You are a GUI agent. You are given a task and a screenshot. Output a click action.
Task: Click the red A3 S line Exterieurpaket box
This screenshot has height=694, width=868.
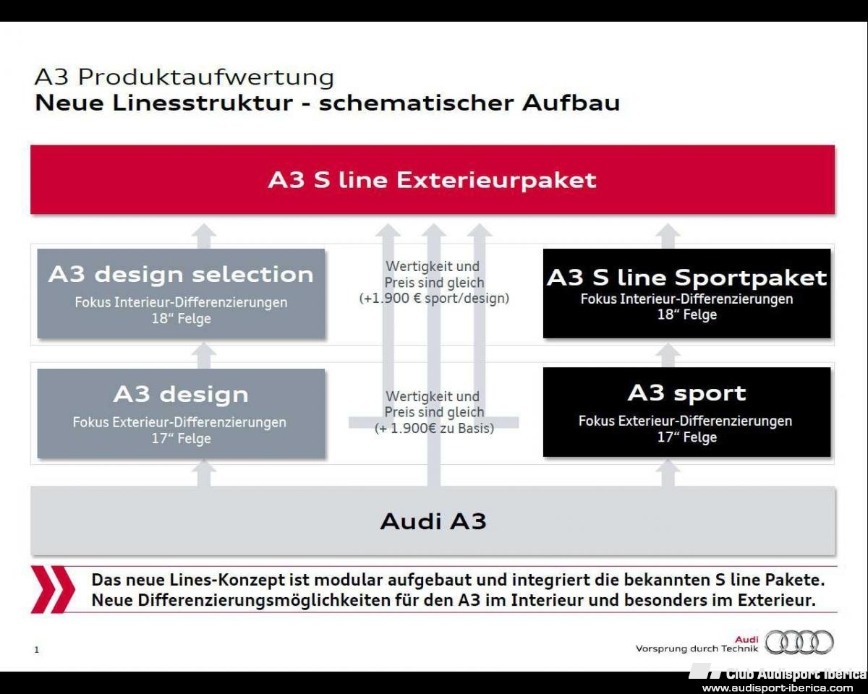pos(433,179)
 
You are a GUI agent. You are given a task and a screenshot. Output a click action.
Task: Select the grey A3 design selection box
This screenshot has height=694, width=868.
pos(181,294)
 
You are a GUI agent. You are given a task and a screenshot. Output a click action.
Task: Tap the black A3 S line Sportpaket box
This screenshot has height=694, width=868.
pos(687,294)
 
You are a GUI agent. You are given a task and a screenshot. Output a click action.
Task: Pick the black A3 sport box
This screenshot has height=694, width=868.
pos(687,412)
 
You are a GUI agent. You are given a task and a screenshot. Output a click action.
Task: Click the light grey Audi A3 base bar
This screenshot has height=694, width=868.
pos(433,520)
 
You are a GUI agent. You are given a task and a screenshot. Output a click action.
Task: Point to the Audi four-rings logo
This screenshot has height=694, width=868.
pos(799,642)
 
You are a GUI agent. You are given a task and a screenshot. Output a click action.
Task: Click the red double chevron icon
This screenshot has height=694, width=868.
pos(53,590)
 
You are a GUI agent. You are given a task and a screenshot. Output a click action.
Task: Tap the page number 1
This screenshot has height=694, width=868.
pos(37,650)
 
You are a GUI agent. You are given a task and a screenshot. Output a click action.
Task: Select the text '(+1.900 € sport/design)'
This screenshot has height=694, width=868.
pos(434,299)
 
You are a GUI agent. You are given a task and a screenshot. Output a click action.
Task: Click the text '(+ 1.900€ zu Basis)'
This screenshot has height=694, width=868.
pos(434,428)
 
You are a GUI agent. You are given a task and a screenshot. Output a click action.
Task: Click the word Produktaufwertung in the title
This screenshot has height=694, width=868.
pos(206,77)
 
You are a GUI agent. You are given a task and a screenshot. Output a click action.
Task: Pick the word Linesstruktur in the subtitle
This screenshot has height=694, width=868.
pos(202,103)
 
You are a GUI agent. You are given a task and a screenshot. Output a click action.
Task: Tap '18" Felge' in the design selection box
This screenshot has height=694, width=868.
pos(181,319)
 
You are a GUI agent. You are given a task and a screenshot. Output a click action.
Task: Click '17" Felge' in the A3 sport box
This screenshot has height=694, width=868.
pos(687,437)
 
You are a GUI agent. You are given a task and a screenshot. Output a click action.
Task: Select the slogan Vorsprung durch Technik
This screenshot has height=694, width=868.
pos(697,649)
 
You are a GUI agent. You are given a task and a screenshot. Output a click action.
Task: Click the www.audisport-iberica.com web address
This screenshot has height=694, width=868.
pos(778,688)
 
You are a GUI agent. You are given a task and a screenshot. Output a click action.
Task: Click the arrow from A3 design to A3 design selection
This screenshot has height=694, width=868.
pos(204,355)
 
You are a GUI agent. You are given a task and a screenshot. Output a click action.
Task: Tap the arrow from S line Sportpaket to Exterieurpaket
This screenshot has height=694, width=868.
pos(668,236)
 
